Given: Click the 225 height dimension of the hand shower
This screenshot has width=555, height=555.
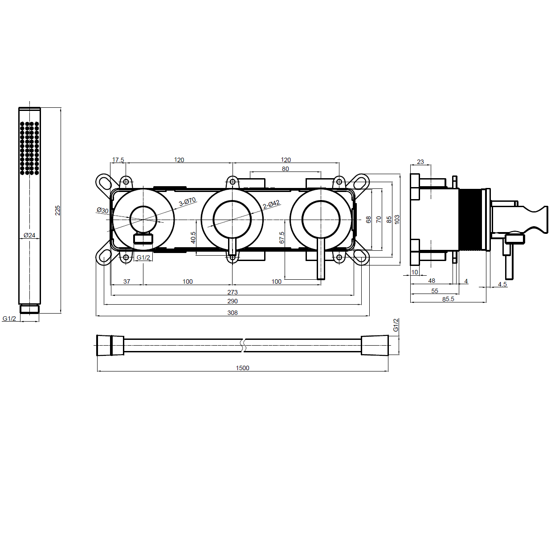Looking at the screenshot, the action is (x=58, y=210).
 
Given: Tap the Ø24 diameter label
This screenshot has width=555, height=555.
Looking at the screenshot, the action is (x=29, y=235).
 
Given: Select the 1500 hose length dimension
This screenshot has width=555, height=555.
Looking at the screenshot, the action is (x=242, y=368).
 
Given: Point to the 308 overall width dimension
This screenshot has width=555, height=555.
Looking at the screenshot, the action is (x=233, y=313).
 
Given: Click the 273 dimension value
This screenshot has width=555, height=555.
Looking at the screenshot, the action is (x=233, y=292).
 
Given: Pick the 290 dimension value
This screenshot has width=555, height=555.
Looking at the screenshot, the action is (x=233, y=301).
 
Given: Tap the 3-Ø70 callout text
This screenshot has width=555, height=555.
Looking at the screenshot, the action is (x=188, y=202).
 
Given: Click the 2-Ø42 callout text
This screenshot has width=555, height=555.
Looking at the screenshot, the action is (x=271, y=205).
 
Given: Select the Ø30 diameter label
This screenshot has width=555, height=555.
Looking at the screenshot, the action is (x=103, y=211).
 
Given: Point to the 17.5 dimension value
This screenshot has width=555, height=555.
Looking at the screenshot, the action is (x=118, y=160).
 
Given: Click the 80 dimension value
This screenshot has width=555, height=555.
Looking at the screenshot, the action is (x=285, y=169).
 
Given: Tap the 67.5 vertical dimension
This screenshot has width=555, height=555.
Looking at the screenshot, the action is (x=282, y=237).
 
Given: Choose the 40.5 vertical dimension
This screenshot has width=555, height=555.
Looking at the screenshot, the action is (x=193, y=237).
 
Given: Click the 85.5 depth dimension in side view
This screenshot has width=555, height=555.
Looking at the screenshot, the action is (x=448, y=299).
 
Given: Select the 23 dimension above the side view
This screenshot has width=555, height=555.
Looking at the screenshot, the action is (x=420, y=162).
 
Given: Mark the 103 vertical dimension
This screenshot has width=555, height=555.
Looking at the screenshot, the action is (x=397, y=220).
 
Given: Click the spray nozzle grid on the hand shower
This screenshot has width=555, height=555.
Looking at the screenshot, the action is (x=29, y=148).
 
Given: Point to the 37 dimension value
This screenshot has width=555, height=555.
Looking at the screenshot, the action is (x=127, y=282).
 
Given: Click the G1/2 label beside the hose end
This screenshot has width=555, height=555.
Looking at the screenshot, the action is (x=396, y=325).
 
